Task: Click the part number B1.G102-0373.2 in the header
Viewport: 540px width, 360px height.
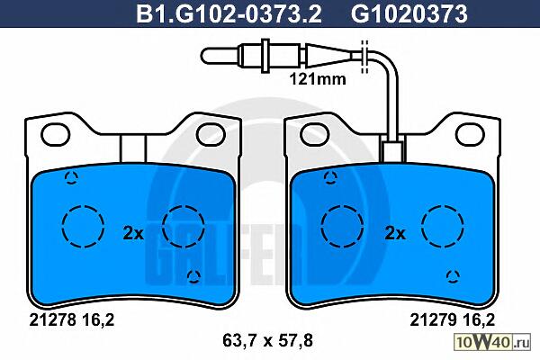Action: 229,14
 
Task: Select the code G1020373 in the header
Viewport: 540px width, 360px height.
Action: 409,14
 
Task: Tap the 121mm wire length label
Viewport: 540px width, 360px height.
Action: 318,79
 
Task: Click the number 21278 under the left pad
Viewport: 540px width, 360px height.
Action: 52,320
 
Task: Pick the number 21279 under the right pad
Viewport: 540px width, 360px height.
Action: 433,320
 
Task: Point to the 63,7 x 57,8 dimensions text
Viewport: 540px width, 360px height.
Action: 267,341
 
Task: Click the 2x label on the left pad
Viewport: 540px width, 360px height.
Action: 133,234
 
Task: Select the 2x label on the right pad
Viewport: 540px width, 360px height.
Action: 395,234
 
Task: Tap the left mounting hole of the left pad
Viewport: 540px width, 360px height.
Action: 55,134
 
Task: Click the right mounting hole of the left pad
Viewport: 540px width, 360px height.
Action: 211,134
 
